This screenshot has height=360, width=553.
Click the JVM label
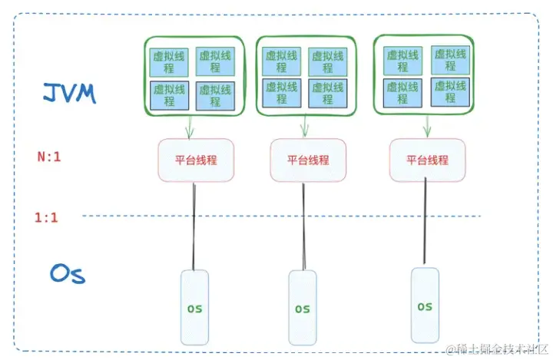[70, 94]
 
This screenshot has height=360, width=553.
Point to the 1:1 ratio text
[46, 217]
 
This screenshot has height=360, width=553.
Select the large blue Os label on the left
[67, 274]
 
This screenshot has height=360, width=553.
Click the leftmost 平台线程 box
[196, 160]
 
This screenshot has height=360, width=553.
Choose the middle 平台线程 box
[308, 160]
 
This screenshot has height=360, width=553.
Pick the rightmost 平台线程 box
[427, 160]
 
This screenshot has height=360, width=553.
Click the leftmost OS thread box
[195, 307]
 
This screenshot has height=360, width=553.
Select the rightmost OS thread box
[425, 306]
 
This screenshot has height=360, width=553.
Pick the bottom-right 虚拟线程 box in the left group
[214, 96]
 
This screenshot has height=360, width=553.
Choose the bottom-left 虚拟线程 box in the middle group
[280, 93]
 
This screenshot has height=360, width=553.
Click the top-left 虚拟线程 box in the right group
[402, 60]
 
